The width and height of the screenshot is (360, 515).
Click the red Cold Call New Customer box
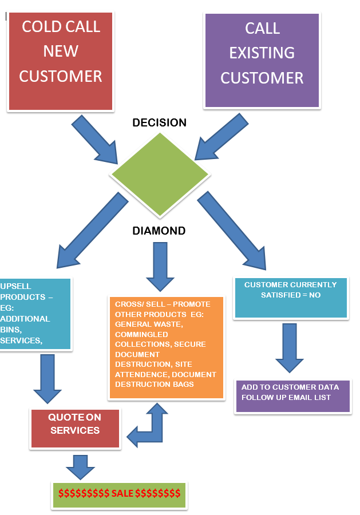click(61, 61)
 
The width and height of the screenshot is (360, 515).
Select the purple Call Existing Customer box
click(262, 61)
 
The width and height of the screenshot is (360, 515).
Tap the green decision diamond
click(160, 175)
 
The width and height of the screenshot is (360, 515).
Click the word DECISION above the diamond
click(159, 122)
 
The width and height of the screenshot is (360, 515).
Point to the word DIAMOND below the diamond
click(159, 231)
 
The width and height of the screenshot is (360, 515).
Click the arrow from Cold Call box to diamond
click(95, 139)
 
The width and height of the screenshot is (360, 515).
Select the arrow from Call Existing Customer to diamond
click(221, 137)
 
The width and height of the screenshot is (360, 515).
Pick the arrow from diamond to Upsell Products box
click(92, 231)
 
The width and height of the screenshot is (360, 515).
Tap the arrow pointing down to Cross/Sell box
click(160, 267)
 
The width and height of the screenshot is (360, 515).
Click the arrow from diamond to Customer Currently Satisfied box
click(232, 231)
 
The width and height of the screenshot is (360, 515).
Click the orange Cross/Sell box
click(167, 347)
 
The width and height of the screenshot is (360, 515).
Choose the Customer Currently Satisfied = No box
click(291, 298)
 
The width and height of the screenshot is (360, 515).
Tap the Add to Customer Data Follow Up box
click(293, 396)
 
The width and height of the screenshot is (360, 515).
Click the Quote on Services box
click(75, 428)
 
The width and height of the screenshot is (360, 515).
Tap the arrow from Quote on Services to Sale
click(81, 467)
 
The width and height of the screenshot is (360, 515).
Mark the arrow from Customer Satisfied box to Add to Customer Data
click(290, 348)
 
